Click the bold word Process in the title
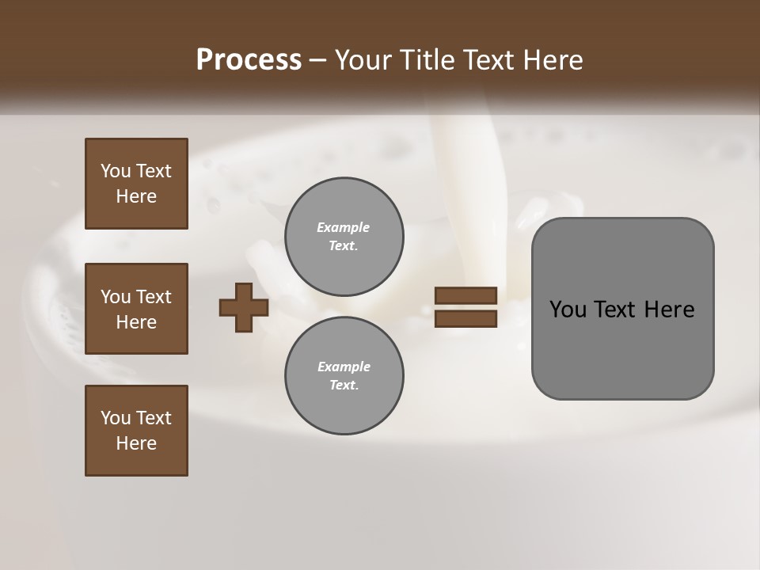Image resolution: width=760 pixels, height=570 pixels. pyautogui.click(x=249, y=60)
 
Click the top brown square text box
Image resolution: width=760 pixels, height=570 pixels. pyautogui.click(x=136, y=184)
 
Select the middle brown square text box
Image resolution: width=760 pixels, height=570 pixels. pyautogui.click(x=136, y=309)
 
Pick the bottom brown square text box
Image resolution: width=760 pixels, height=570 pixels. pyautogui.click(x=136, y=431)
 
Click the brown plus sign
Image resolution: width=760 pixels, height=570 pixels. pyautogui.click(x=244, y=307)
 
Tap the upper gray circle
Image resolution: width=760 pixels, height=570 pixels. pyautogui.click(x=344, y=236)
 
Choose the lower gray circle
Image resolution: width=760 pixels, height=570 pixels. pyautogui.click(x=344, y=376)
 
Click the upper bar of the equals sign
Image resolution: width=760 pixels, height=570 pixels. pyautogui.click(x=465, y=295)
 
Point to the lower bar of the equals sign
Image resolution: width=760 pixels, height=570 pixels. pyautogui.click(x=465, y=319)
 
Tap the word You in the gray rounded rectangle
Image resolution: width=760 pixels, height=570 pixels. pyautogui.click(x=567, y=310)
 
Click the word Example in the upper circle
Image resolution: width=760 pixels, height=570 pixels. pyautogui.click(x=344, y=227)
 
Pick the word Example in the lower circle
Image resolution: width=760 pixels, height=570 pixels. pyautogui.click(x=344, y=367)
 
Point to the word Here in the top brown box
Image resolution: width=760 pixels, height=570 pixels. pyautogui.click(x=136, y=196)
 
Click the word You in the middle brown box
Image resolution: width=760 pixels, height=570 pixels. pyautogui.click(x=115, y=297)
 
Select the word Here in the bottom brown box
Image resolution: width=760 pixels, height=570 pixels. pyautogui.click(x=136, y=443)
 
